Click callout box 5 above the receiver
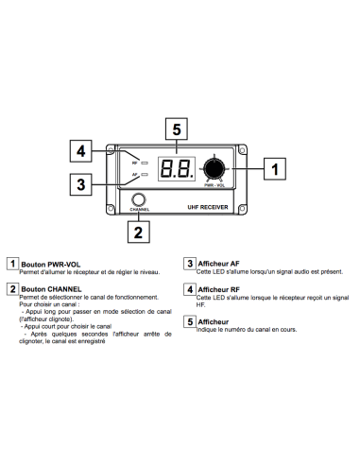[177, 129]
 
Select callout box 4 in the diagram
[80, 151]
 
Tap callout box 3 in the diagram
[80, 184]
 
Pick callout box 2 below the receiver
[139, 232]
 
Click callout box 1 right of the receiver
[275, 169]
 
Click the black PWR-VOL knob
[214, 169]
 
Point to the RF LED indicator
[145, 164]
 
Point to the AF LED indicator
[145, 174]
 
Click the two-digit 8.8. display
[177, 169]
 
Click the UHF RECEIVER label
[208, 207]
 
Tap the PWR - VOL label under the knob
[214, 185]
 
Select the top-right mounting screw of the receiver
[242, 150]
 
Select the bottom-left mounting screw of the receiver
[111, 209]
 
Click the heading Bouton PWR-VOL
[51, 265]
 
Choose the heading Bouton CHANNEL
[51, 289]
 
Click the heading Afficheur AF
[218, 264]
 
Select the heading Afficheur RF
[218, 289]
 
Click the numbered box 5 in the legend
[190, 321]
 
